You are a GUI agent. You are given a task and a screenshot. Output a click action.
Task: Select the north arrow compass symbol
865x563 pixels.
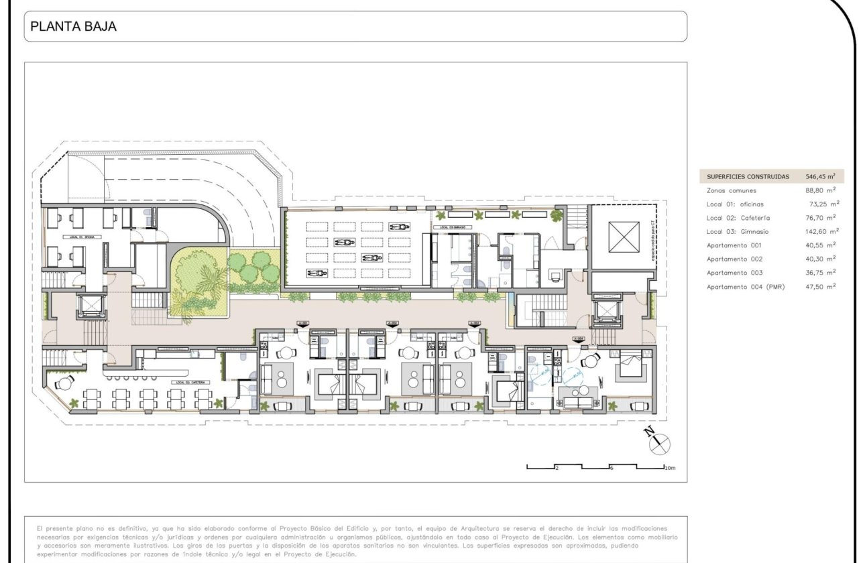659,440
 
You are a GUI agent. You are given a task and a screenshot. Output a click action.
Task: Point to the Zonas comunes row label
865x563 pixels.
730,190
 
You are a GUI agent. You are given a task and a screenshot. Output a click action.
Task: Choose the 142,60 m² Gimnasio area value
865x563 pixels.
823,231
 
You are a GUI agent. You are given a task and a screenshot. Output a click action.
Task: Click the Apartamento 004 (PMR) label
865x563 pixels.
746,286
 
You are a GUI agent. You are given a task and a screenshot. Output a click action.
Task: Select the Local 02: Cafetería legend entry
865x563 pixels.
738,218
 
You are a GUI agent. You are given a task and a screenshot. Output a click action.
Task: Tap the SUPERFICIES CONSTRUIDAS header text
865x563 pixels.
748,177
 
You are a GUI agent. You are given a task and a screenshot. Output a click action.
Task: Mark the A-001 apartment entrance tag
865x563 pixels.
301,324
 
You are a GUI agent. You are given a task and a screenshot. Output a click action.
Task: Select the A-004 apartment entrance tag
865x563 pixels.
579,339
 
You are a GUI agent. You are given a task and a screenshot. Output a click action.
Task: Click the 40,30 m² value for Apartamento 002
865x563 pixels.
823,259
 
